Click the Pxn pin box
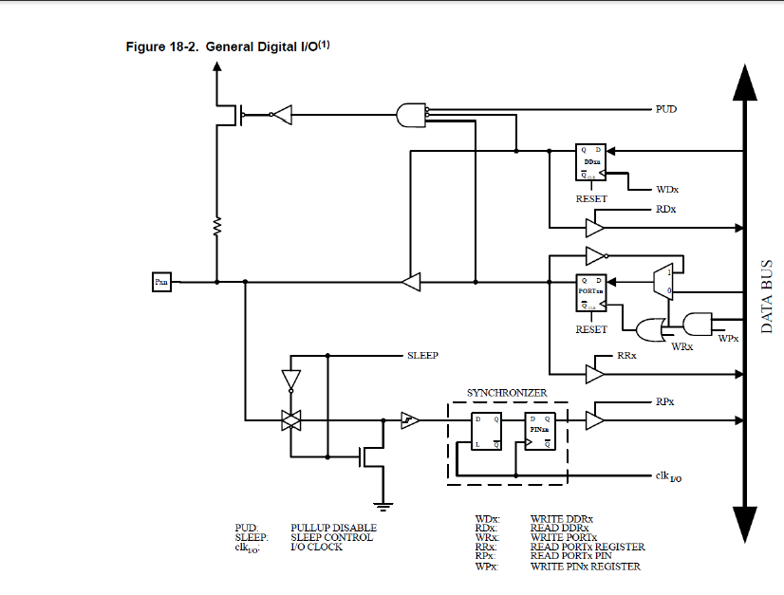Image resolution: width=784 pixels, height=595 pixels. tap(161, 282)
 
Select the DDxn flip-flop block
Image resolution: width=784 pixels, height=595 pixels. tap(591, 162)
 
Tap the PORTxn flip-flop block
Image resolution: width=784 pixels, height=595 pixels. tap(591, 293)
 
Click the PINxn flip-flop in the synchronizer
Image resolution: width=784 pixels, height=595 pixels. tap(539, 431)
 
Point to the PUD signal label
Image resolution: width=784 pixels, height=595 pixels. tap(666, 109)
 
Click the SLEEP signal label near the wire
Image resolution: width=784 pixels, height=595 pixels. tap(423, 355)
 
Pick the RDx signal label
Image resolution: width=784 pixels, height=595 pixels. tap(665, 209)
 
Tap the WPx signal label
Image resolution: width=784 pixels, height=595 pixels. tap(728, 338)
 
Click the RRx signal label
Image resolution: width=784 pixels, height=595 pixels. tap(625, 355)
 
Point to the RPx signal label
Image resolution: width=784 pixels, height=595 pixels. tap(665, 401)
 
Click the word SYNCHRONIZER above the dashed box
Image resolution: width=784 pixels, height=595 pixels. tap(507, 392)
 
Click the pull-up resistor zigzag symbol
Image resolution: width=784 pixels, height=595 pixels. tap(216, 228)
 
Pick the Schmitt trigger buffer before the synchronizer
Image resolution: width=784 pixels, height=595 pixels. tap(409, 418)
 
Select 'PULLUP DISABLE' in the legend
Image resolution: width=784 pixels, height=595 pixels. tap(333, 528)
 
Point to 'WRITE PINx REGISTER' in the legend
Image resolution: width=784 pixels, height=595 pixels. tap(585, 567)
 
